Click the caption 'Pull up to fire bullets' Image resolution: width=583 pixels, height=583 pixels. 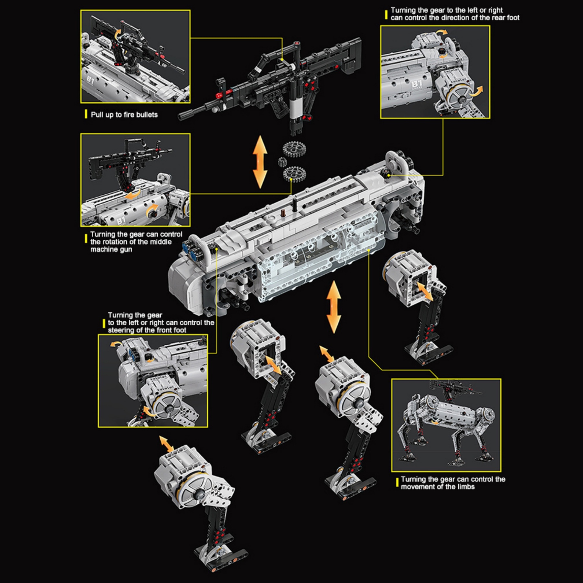124,115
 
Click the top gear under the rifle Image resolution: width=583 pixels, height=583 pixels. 294,149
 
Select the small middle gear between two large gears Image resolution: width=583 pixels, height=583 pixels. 283,162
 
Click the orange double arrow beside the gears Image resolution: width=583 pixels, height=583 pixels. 260,162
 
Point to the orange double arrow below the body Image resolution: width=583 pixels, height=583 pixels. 334,307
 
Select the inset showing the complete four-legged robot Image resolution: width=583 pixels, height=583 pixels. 446,425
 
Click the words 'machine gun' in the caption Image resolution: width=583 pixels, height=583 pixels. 111,249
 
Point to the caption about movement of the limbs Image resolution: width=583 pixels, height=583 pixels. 452,483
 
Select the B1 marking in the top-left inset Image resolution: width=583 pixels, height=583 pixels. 89,80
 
